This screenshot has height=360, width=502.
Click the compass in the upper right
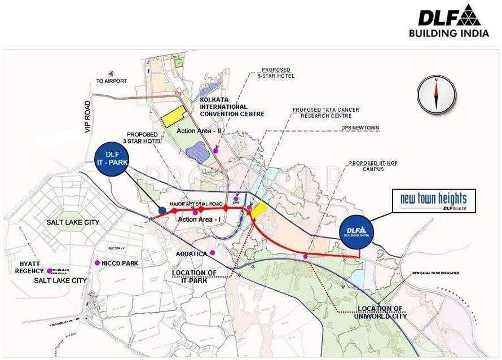pos(436,94)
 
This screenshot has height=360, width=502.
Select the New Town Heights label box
pos(434,201)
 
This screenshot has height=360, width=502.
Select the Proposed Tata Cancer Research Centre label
pos(325,113)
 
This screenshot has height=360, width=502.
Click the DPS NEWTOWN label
pos(360,128)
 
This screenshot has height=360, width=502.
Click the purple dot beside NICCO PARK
pos(98,263)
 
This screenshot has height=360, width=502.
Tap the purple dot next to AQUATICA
pos(212,252)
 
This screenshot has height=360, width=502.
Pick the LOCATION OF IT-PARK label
pos(195,276)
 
